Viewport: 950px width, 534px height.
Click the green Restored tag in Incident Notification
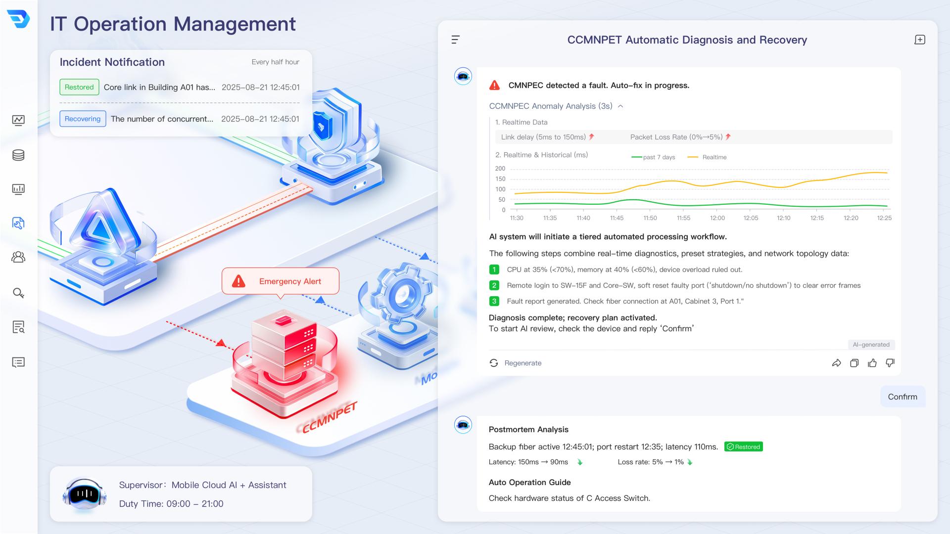pyautogui.click(x=79, y=87)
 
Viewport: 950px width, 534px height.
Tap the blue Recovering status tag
pyautogui.click(x=83, y=119)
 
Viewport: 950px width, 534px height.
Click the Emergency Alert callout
pyautogui.click(x=281, y=281)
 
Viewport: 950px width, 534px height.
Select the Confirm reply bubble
pyautogui.click(x=902, y=397)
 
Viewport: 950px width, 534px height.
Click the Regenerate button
pyautogui.click(x=515, y=363)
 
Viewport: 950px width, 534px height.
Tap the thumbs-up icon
pyautogui.click(x=872, y=363)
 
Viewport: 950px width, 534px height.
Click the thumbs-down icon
pyautogui.click(x=890, y=363)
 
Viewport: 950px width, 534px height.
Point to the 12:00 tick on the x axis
pyautogui.click(x=717, y=218)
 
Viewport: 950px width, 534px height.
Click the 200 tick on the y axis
pyautogui.click(x=500, y=169)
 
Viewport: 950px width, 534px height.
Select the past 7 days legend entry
pyautogui.click(x=653, y=157)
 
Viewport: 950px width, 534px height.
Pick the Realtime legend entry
pyautogui.click(x=707, y=157)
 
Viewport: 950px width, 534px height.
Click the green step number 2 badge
pyautogui.click(x=494, y=285)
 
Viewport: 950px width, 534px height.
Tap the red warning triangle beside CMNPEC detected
pyautogui.click(x=494, y=85)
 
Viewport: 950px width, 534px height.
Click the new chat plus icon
pyautogui.click(x=920, y=40)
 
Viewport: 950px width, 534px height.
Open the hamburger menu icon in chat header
pyautogui.click(x=456, y=40)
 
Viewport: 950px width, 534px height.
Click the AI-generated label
pyautogui.click(x=871, y=345)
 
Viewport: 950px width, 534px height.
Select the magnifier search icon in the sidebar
pyautogui.click(x=18, y=293)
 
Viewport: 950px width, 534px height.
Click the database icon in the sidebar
pyautogui.click(x=18, y=155)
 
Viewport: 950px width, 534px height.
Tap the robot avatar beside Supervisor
pyautogui.click(x=85, y=494)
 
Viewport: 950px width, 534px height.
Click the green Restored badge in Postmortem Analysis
pyautogui.click(x=744, y=446)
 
